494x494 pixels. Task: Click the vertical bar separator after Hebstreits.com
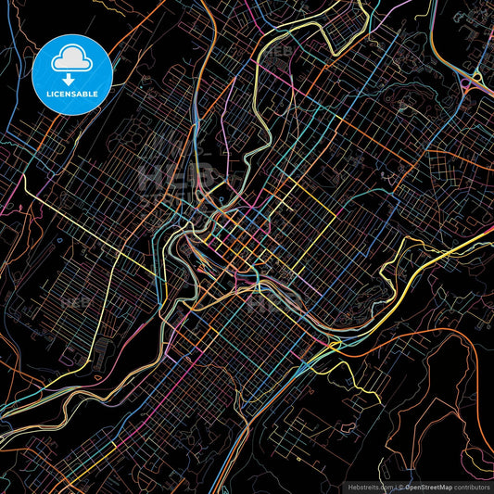click(x=393, y=485)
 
